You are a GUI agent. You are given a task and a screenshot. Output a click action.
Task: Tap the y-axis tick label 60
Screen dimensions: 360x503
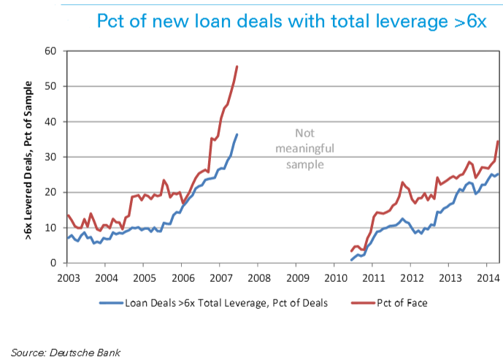tap(50, 51)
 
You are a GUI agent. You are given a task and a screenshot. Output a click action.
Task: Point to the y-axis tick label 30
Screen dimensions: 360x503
tap(50, 157)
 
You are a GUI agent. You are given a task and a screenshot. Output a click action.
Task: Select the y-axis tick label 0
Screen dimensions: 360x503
tap(53, 263)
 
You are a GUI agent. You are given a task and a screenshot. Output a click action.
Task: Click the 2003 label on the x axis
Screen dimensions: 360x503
tap(68, 278)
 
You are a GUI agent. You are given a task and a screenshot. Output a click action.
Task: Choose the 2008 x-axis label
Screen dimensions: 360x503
tap(259, 278)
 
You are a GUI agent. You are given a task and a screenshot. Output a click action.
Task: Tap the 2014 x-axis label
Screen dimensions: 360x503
tap(488, 278)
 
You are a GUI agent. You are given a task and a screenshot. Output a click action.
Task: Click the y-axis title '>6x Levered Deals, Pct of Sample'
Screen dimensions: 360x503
tap(28, 156)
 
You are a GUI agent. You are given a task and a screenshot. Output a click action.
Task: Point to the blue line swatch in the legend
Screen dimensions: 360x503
tap(110, 300)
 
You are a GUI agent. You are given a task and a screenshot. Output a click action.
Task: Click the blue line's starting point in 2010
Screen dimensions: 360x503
tap(351, 260)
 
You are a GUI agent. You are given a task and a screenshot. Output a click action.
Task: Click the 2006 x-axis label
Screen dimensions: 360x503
tap(183, 278)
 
